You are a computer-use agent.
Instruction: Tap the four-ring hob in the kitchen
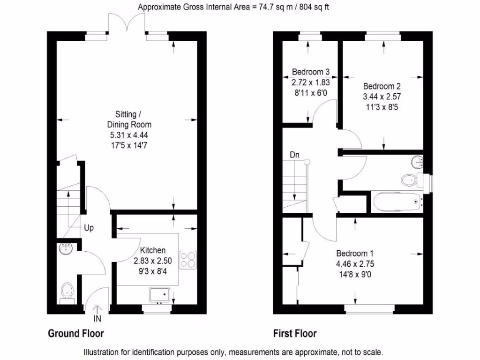(x=188, y=260)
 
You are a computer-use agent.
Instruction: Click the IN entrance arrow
(x=97, y=315)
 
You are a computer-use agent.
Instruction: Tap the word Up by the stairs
(x=89, y=228)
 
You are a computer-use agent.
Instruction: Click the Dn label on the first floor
(x=294, y=154)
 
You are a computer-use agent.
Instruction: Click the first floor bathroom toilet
(x=410, y=179)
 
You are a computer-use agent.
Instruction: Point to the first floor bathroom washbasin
(x=417, y=162)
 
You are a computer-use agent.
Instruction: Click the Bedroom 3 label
(x=311, y=72)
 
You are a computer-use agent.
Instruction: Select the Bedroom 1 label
(x=355, y=254)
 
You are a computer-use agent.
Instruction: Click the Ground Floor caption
(x=75, y=334)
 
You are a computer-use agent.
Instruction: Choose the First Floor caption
(x=295, y=334)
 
